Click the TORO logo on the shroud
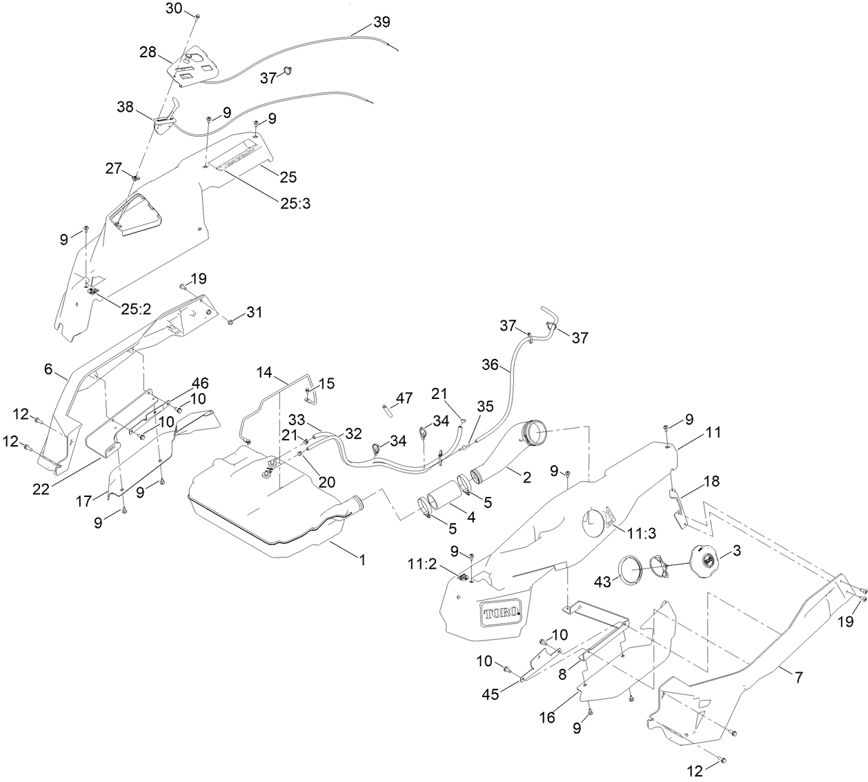pyautogui.click(x=500, y=613)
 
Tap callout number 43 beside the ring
pyautogui.click(x=602, y=583)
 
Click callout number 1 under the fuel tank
pyautogui.click(x=361, y=561)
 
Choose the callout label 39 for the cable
pyautogui.click(x=382, y=21)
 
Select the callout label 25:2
pyautogui.click(x=136, y=309)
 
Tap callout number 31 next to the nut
pyautogui.click(x=255, y=313)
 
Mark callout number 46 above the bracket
pyautogui.click(x=200, y=382)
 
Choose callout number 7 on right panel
pyautogui.click(x=798, y=677)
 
